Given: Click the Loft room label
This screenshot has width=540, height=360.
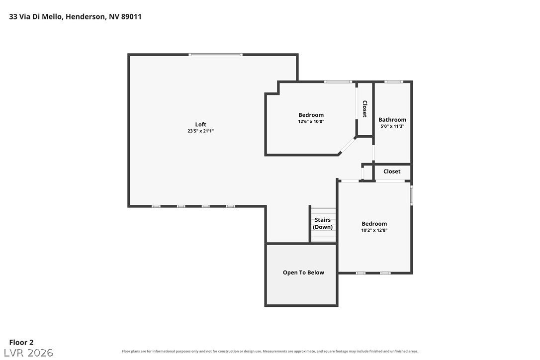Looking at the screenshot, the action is (200, 124).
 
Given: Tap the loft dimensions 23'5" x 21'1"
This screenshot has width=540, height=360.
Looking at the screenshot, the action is (200, 131).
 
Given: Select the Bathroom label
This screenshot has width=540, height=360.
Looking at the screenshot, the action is (392, 119).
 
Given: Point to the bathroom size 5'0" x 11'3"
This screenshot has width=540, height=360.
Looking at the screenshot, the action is (392, 126).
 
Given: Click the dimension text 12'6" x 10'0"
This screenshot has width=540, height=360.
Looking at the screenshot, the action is (311, 121).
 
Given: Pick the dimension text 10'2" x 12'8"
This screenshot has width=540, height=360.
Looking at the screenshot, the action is (374, 230).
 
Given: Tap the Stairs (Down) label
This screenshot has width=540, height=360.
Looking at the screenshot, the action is (323, 223).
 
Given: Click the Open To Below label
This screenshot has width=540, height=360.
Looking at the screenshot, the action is (303, 272).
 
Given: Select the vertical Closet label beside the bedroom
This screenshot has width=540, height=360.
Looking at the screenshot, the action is (364, 109).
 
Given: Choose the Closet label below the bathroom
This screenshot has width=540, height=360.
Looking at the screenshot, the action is (392, 171).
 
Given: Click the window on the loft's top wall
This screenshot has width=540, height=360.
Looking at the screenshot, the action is (215, 54).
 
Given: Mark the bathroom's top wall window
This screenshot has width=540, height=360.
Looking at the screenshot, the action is (394, 82).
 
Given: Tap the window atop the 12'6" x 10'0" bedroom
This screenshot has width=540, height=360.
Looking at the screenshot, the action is (338, 82).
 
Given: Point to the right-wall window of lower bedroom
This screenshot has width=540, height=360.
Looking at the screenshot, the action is (412, 195).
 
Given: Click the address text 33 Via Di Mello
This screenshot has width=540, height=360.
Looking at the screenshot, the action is (36, 16).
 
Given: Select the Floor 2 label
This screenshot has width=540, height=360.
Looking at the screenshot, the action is (21, 343).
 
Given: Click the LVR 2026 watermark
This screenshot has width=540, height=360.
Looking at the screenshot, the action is (28, 353).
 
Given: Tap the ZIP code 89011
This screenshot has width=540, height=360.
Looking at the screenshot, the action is (131, 16).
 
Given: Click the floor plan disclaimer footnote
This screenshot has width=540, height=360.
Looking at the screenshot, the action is (270, 352).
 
